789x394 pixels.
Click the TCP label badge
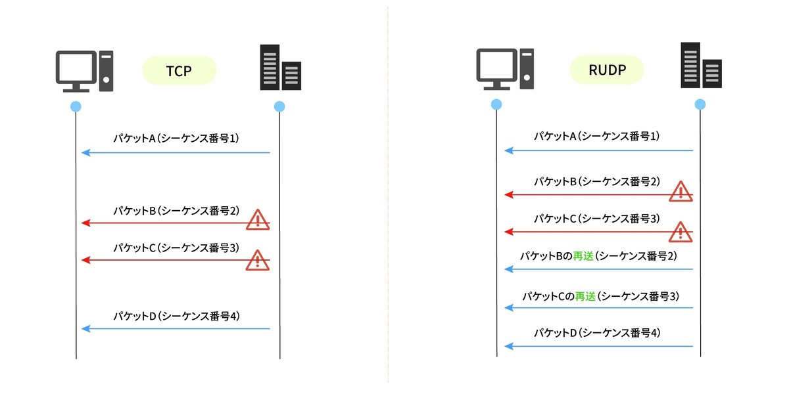coord(179,70)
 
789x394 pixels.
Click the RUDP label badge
coord(606,70)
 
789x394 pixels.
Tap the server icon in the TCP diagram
coord(280,67)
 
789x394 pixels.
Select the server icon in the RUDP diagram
coord(701,65)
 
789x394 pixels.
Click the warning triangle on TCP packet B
coord(257,220)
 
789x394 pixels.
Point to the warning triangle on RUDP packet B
coord(681,191)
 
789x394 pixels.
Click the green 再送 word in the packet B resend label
coord(584,257)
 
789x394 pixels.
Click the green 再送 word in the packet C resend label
coord(585,296)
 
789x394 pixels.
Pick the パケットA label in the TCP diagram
coord(176,139)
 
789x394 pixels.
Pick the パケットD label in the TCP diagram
coord(176,316)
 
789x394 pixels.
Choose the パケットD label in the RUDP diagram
coord(597,333)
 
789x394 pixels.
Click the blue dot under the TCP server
coord(279,106)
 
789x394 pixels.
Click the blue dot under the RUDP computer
coord(496,104)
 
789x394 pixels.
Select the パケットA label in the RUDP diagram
coord(597,137)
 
